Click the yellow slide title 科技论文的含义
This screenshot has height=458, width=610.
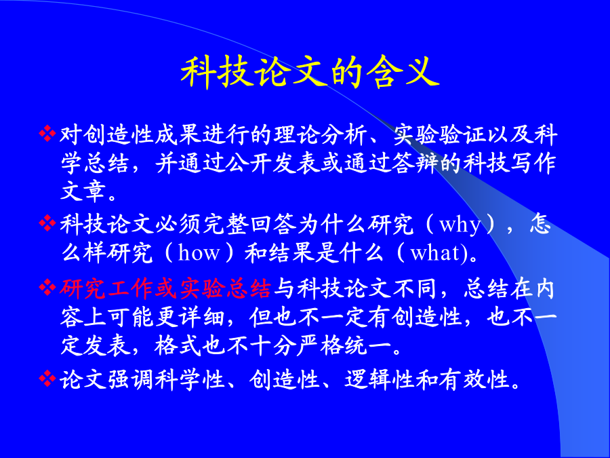[x=310, y=72]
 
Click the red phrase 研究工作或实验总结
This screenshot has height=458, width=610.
[x=165, y=289]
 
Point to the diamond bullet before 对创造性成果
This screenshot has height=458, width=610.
[x=47, y=133]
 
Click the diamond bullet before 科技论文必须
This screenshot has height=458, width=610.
[x=47, y=223]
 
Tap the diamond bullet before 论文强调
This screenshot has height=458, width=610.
[x=47, y=378]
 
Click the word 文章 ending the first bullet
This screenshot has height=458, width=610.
[x=83, y=191]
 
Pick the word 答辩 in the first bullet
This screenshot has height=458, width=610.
[x=415, y=163]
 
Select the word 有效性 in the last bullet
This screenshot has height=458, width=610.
[x=474, y=380]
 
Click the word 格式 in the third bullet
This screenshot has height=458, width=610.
[x=178, y=346]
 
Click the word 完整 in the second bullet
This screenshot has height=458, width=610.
[x=226, y=225]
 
